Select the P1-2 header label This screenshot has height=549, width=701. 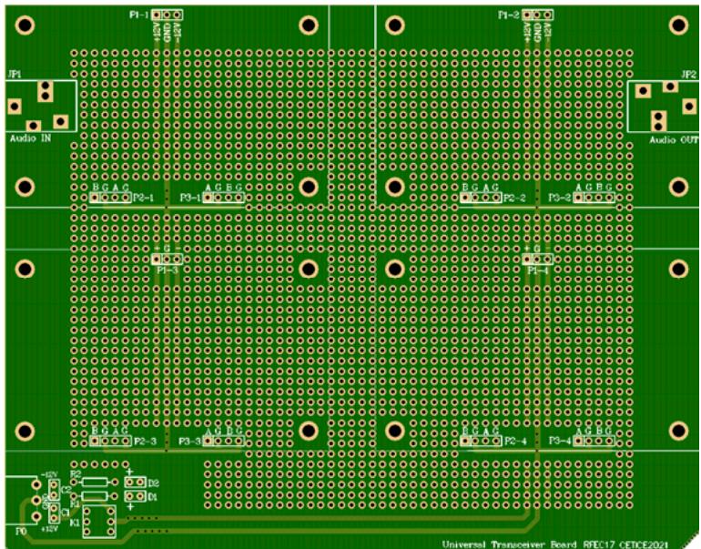click(x=509, y=15)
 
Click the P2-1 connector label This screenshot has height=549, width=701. click(x=144, y=197)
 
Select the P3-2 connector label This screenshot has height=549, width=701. click(x=560, y=197)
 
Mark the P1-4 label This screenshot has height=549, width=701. click(x=538, y=270)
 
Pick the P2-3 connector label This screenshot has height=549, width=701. click(x=145, y=442)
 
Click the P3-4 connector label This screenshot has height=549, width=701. click(x=561, y=442)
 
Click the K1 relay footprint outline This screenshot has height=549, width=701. click(x=97, y=524)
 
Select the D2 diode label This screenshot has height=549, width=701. click(x=153, y=483)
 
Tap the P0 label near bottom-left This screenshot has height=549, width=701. click(x=21, y=528)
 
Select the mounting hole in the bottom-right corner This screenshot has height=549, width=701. click(x=678, y=431)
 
